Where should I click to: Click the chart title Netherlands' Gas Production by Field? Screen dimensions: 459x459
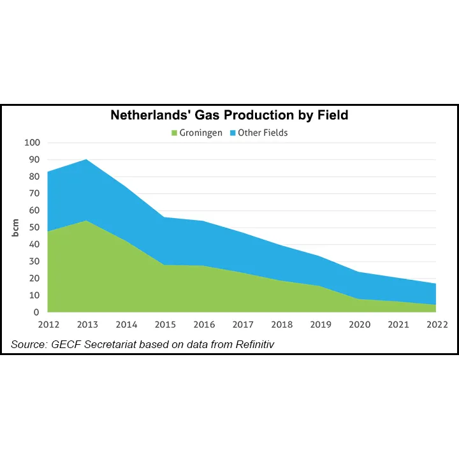(229, 115)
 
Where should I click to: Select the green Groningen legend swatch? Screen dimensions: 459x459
(174, 133)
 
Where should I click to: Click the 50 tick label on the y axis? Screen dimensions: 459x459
(34, 228)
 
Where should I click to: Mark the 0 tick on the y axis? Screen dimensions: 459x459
(36, 312)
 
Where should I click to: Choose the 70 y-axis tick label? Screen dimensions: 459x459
(34, 194)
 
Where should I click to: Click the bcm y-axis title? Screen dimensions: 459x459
(16, 228)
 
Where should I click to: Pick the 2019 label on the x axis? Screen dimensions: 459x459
(321, 324)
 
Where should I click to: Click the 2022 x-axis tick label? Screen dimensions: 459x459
(437, 324)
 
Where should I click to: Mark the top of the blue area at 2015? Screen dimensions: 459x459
(164, 217)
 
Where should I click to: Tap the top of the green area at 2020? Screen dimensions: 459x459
(360, 299)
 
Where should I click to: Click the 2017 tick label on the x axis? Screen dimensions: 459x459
(242, 324)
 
